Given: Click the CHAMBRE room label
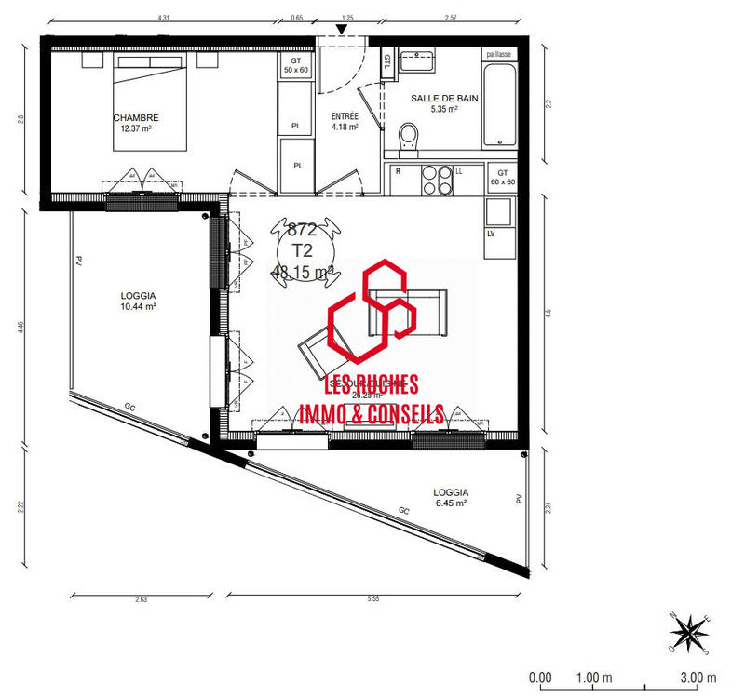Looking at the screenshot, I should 136,118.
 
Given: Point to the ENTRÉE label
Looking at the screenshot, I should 345,116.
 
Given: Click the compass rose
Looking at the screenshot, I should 689,632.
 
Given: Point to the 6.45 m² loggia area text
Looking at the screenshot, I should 450,503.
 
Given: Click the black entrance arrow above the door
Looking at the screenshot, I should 343,31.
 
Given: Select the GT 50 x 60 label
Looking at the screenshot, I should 295,64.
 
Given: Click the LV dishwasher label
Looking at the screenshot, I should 490,234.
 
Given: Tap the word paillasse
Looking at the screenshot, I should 499,54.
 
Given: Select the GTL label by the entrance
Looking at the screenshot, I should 386,61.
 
